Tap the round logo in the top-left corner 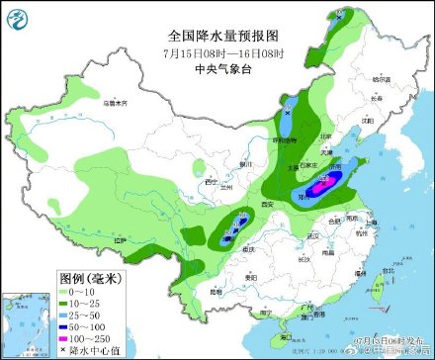click(18, 17)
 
